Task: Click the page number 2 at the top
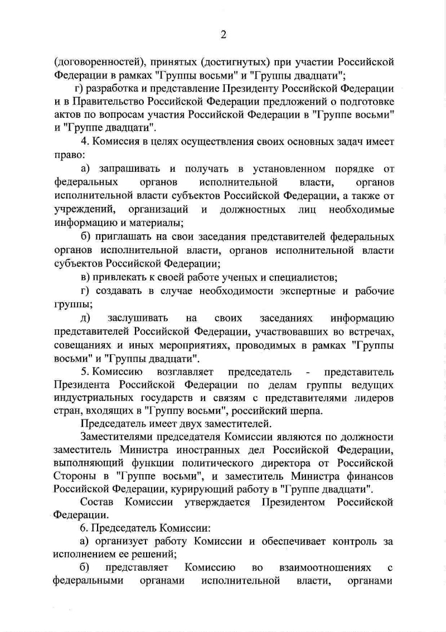(223, 35)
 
